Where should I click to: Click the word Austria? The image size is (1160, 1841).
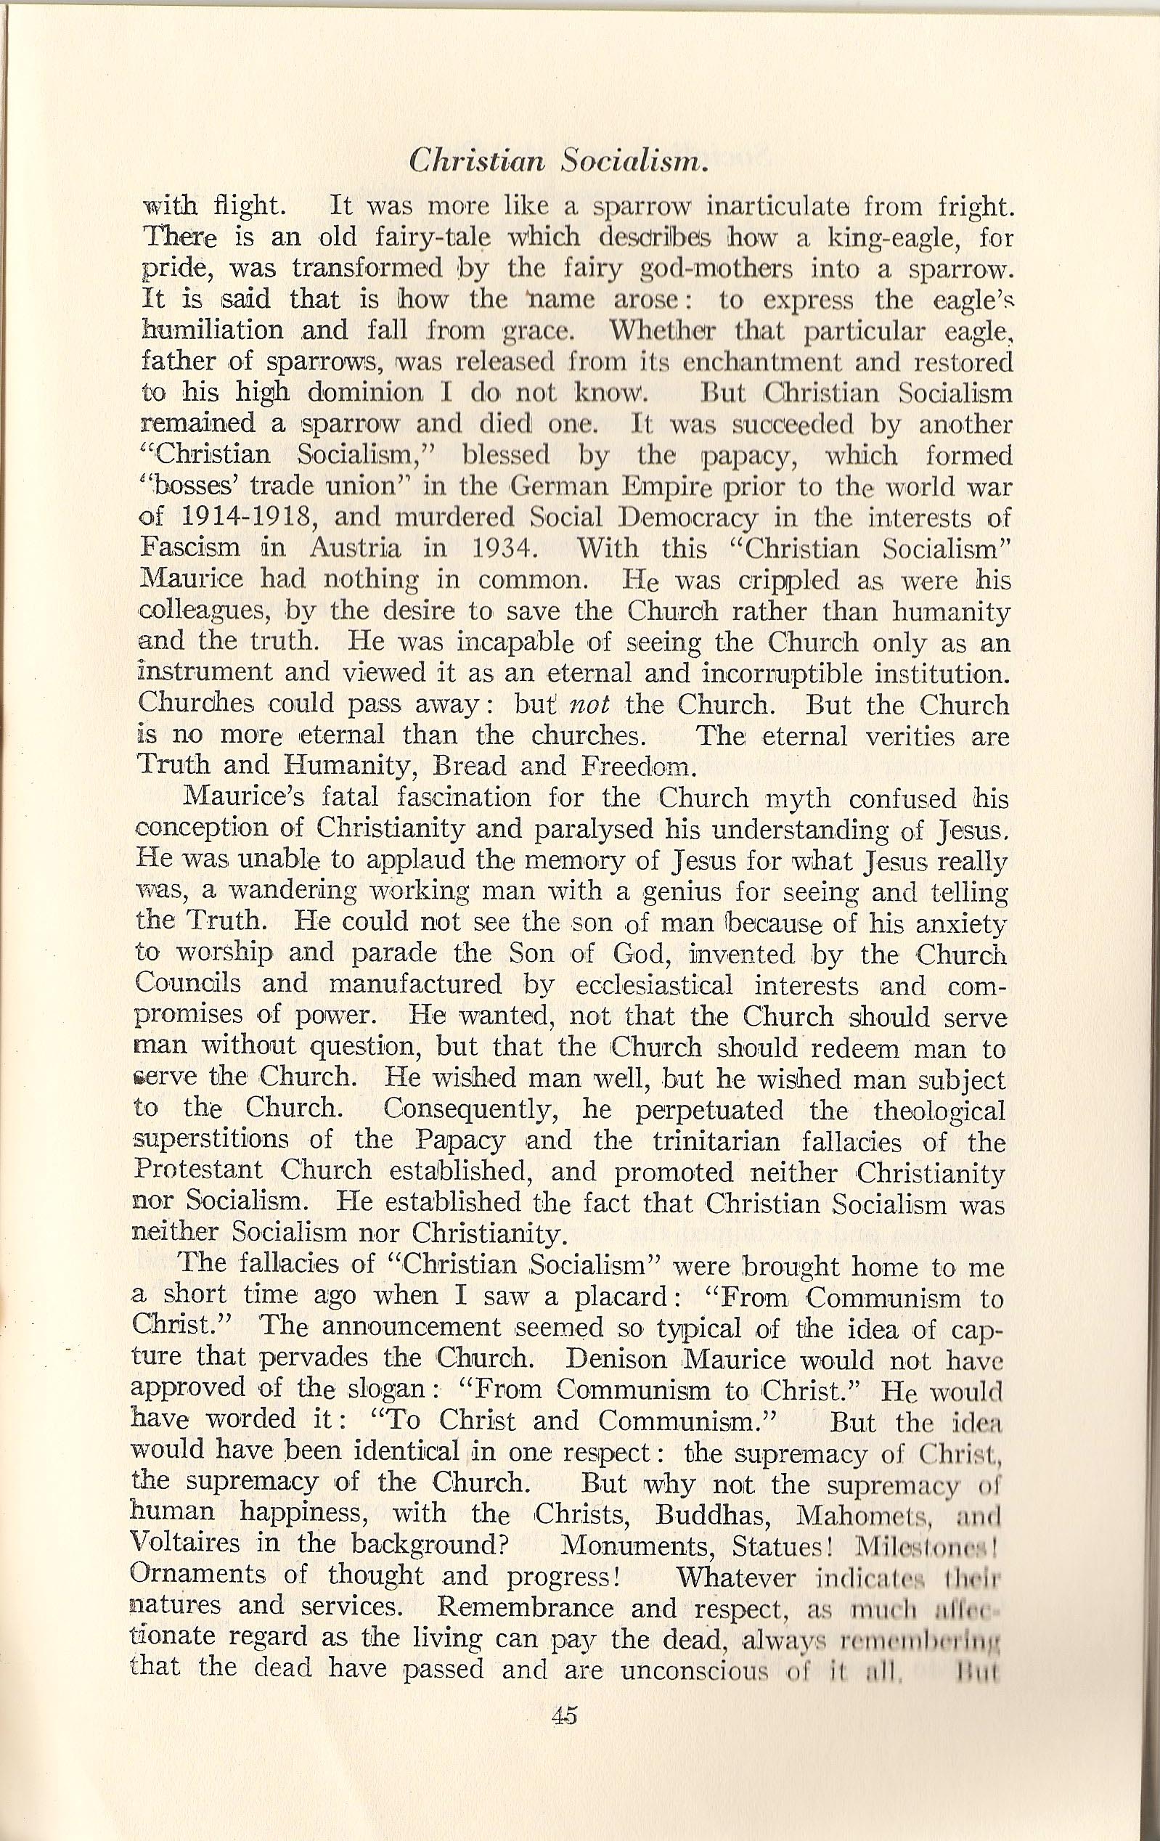356,549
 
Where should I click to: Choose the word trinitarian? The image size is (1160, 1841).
714,1141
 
